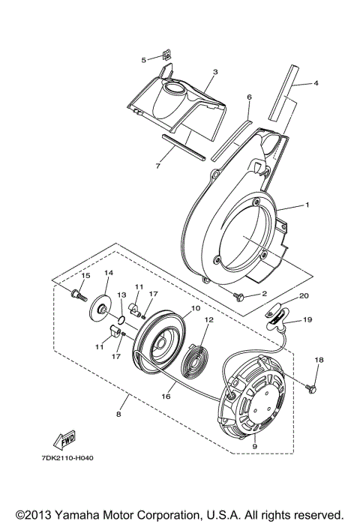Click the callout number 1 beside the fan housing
click(307, 205)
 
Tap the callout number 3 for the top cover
click(214, 72)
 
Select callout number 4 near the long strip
click(316, 83)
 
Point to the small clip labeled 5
click(167, 56)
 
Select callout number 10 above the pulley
click(174, 309)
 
